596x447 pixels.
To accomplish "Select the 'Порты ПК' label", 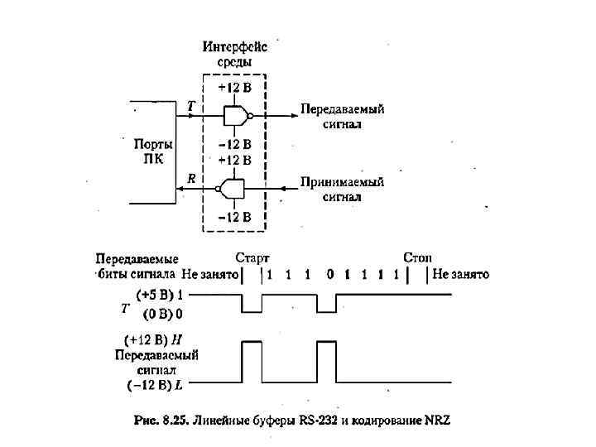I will pyautogui.click(x=154, y=151).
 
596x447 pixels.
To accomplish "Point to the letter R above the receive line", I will pyautogui.click(x=191, y=178).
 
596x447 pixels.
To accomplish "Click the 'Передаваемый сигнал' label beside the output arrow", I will pyautogui.click(x=342, y=116).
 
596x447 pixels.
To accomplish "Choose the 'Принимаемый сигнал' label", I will pyautogui.click(x=342, y=190).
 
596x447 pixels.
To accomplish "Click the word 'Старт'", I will pyautogui.click(x=252, y=257).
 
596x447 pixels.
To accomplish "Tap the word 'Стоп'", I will pyautogui.click(x=417, y=257).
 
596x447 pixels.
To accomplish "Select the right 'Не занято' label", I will pyautogui.click(x=460, y=274).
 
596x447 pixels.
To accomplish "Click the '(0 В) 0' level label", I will pyautogui.click(x=163, y=314).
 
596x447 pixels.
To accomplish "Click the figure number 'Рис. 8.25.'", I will pyautogui.click(x=161, y=421).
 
